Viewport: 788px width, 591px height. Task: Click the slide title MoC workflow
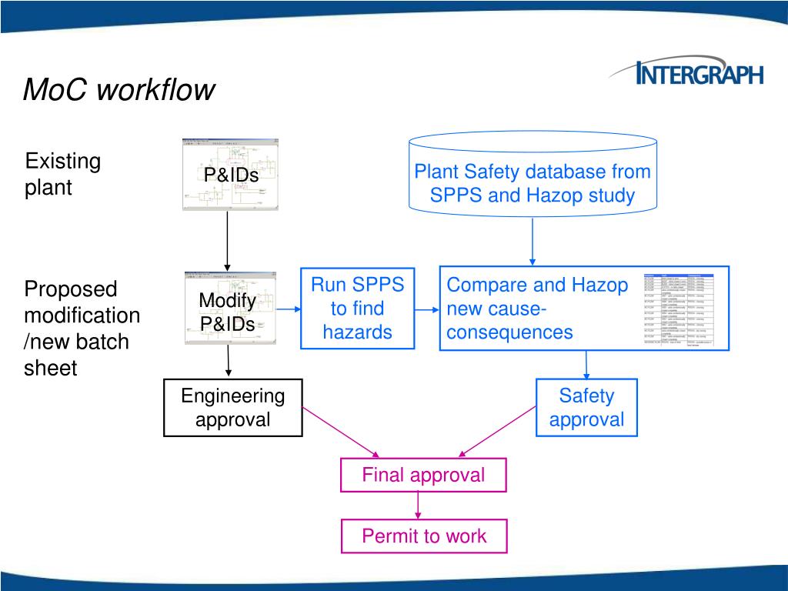pos(119,89)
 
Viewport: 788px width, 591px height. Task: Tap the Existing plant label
pos(63,174)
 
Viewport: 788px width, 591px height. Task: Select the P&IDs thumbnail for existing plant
pos(230,175)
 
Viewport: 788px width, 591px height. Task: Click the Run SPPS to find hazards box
pos(357,309)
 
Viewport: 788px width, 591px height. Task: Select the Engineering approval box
pos(232,408)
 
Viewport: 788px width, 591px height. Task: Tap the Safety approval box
pos(586,408)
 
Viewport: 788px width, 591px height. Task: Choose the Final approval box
pos(423,475)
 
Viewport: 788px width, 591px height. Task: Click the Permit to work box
pos(424,536)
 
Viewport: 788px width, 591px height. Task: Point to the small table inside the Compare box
pos(679,309)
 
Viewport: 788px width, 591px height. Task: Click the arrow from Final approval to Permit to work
pos(418,505)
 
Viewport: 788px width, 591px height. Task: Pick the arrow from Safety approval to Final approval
pos(498,432)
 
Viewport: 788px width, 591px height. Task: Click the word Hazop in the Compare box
pos(599,285)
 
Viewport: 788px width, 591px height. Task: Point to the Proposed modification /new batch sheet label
pos(82,329)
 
